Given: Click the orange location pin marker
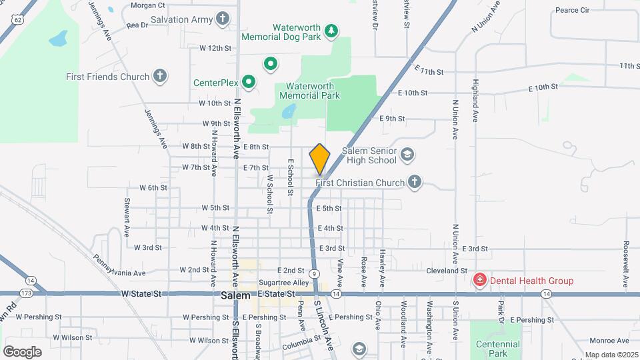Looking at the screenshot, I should [319, 159].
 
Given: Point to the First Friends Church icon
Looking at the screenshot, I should [159, 76].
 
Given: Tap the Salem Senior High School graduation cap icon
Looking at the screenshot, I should [407, 156].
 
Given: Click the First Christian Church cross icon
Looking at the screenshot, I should [415, 182].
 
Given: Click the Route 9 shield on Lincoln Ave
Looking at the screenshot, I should [313, 273].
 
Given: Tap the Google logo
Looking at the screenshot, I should [22, 351].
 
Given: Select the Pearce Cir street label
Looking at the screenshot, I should [573, 10].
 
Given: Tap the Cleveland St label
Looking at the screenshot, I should [447, 271].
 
